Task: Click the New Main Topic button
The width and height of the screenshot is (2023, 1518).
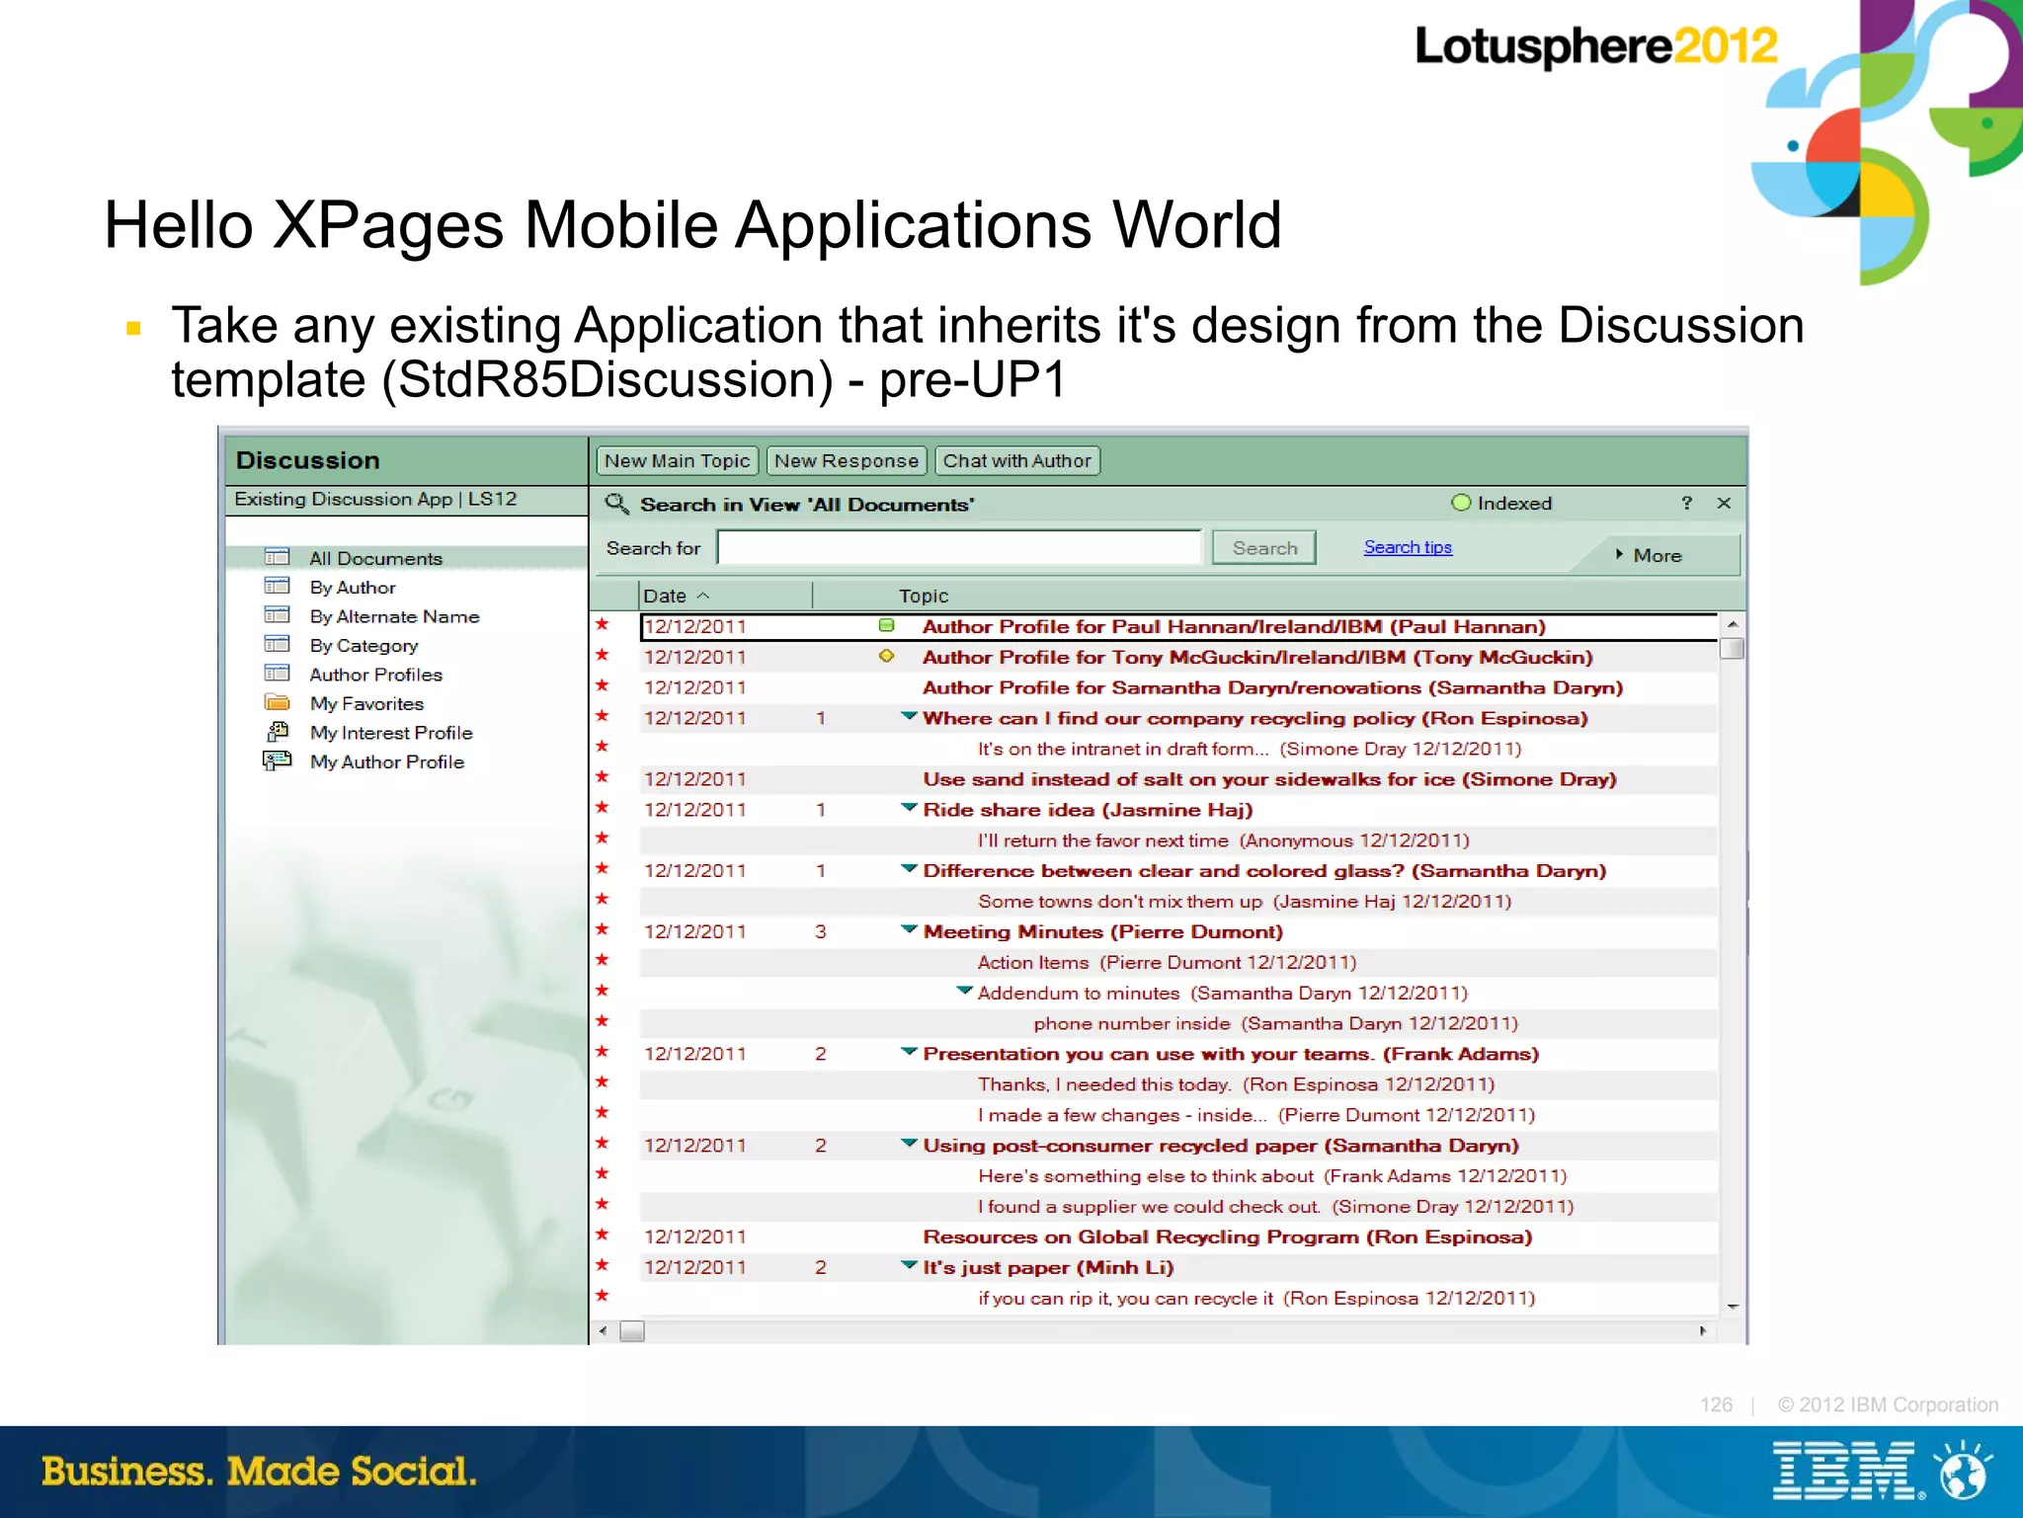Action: (x=677, y=461)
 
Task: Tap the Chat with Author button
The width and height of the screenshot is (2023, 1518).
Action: (x=1016, y=461)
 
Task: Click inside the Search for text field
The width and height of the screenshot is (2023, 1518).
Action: (x=958, y=547)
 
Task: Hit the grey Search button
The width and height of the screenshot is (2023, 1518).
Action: (x=1264, y=548)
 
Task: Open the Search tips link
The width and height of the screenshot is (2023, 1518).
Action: (x=1408, y=547)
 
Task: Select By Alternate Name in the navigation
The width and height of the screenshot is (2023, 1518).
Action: (x=394, y=616)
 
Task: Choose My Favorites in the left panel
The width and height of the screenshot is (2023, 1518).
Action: (x=366, y=703)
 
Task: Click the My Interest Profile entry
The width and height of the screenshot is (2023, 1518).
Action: (x=391, y=733)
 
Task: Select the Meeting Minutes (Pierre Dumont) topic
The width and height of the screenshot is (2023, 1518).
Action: (x=1102, y=931)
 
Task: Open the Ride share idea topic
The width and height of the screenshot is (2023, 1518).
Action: (x=1088, y=810)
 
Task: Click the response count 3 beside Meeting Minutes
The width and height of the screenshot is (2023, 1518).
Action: (x=821, y=931)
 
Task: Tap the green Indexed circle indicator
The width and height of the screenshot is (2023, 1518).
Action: (x=1461, y=503)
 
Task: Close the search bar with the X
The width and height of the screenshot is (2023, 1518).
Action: (x=1724, y=503)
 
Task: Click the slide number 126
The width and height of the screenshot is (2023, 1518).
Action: (x=1716, y=1404)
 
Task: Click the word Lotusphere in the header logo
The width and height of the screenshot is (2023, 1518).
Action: (x=1543, y=46)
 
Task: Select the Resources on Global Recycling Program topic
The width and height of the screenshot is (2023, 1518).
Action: (x=1227, y=1237)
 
